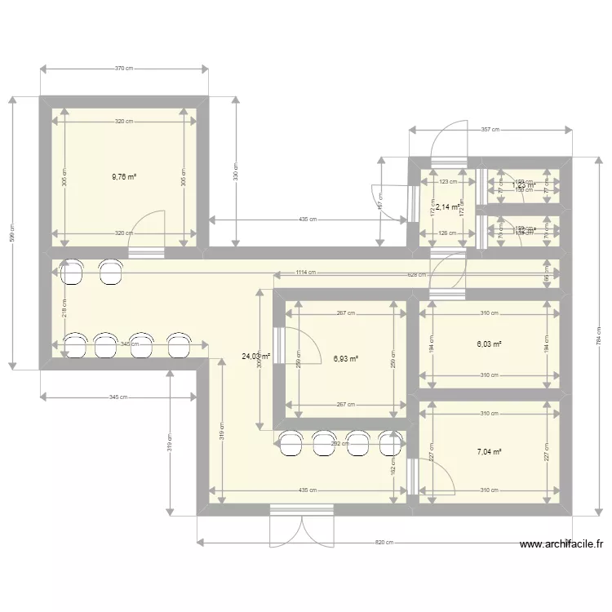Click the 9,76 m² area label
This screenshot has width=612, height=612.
click(124, 175)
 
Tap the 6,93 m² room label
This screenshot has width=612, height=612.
click(346, 357)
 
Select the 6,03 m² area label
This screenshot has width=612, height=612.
click(489, 344)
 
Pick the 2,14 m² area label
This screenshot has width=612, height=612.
click(448, 207)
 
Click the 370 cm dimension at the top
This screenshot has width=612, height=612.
click(124, 69)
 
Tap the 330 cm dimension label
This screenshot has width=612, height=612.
click(236, 173)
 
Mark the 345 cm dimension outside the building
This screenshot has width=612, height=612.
click(118, 397)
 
